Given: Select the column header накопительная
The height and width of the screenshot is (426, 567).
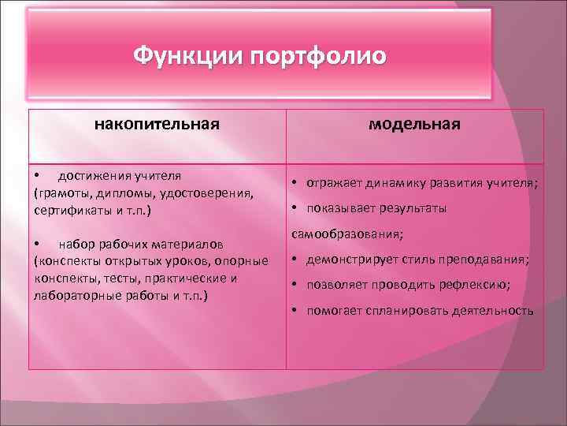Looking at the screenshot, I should (x=157, y=124).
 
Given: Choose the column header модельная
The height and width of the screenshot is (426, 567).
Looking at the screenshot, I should (x=415, y=125).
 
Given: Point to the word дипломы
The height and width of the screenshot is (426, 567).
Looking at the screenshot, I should (x=127, y=193).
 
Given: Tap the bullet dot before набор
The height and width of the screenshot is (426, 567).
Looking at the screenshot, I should (x=37, y=242).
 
